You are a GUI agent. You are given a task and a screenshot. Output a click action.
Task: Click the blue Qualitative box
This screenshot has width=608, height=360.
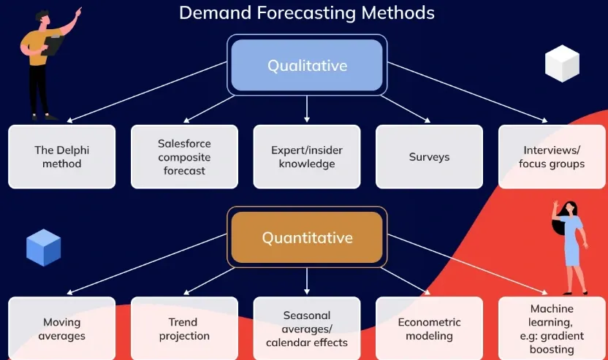click(307, 65)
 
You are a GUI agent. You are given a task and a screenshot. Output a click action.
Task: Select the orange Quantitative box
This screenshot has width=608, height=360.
click(307, 237)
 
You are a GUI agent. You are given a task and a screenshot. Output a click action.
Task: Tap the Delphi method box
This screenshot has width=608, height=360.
click(61, 156)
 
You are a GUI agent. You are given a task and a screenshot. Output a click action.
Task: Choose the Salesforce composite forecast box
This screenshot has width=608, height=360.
click(184, 156)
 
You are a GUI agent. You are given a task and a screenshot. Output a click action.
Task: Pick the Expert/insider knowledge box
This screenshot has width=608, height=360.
click(307, 156)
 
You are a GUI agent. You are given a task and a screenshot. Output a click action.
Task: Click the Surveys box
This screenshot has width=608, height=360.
click(429, 156)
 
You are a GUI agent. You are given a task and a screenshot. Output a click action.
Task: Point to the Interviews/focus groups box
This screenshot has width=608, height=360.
click(552, 156)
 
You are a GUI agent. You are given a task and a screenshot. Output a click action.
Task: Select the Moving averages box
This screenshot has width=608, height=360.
click(61, 328)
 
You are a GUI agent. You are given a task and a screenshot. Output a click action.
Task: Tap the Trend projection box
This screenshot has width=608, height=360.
click(184, 328)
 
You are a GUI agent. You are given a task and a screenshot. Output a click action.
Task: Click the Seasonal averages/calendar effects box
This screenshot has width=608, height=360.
click(307, 328)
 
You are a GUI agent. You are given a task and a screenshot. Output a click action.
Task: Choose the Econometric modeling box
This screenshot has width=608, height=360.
click(429, 328)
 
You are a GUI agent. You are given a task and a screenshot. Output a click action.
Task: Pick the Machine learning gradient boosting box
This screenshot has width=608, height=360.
click(552, 328)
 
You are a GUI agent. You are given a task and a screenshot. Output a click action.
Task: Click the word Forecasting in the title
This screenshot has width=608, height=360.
click(306, 14)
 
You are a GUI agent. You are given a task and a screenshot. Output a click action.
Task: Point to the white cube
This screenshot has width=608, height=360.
click(562, 64)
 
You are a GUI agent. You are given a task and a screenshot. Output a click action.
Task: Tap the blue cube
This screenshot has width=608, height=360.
click(43, 248)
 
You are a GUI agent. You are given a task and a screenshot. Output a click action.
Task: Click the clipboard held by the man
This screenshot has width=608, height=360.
click(53, 45)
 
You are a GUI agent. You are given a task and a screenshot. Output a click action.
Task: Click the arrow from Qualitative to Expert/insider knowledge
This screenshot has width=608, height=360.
click(307, 109)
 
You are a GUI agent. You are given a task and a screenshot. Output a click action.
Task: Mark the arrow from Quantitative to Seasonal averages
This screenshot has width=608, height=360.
click(307, 281)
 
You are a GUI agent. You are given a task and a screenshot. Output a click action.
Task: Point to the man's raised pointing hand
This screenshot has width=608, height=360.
click(78, 12)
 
